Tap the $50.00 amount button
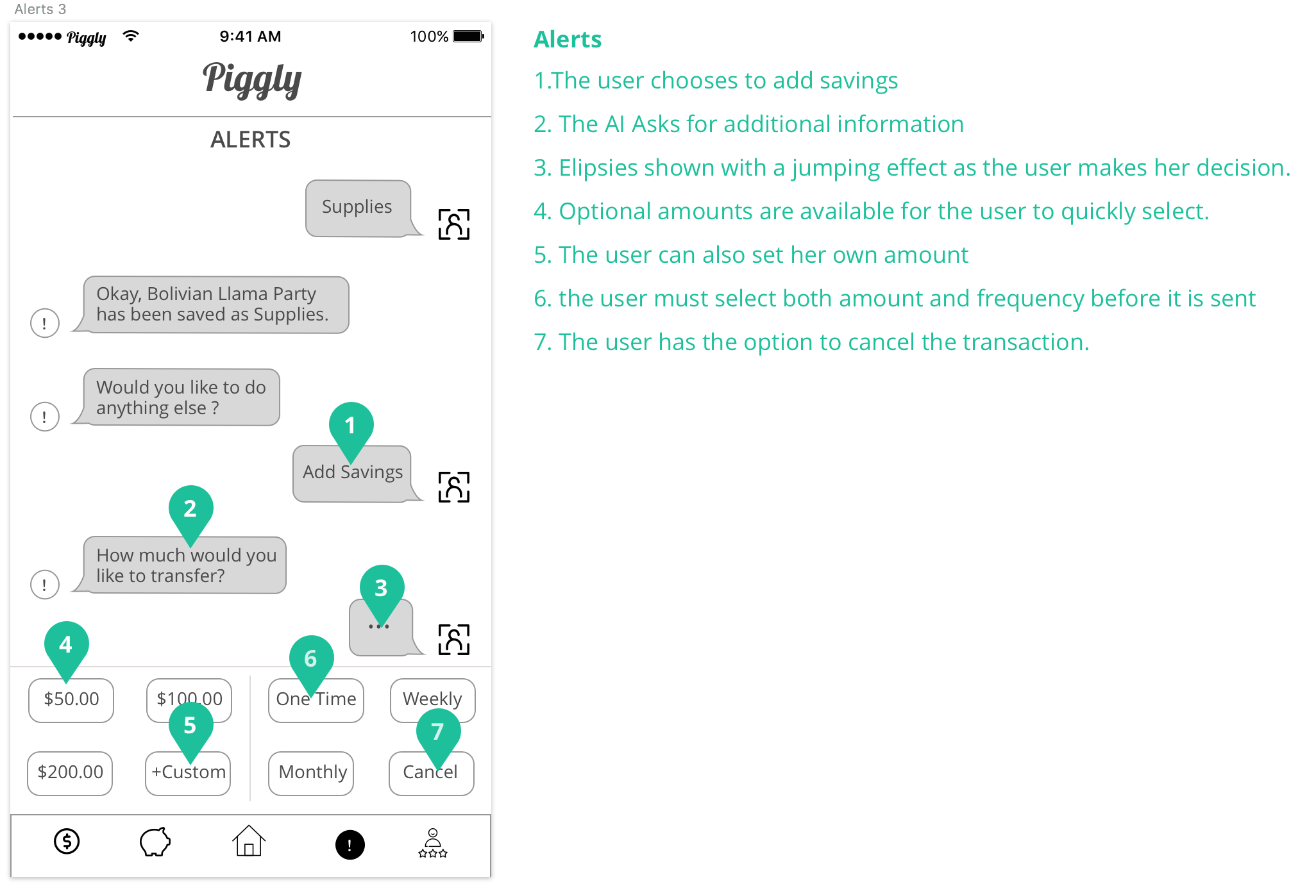[x=71, y=700]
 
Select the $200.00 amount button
[x=70, y=773]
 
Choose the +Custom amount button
[x=188, y=773]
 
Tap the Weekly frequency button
[x=433, y=700]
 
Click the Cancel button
[x=432, y=773]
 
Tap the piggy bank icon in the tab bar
[x=155, y=842]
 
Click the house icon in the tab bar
[x=249, y=841]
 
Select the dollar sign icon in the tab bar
[x=67, y=842]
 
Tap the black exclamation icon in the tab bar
[x=350, y=845]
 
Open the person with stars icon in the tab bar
[x=433, y=843]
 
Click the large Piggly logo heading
[x=252, y=80]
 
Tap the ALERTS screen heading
[x=251, y=140]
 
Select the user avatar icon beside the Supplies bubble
[x=454, y=224]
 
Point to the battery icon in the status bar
[x=469, y=37]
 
